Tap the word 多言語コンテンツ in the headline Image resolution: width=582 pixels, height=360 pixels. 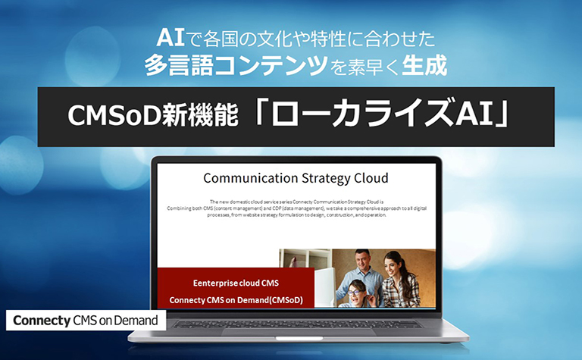coord(235,66)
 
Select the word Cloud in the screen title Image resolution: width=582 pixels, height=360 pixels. coord(369,178)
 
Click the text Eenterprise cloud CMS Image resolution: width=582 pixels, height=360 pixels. coord(236,283)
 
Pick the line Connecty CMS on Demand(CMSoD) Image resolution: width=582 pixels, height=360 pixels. coord(236,300)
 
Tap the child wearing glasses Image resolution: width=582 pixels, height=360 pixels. coord(356,291)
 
